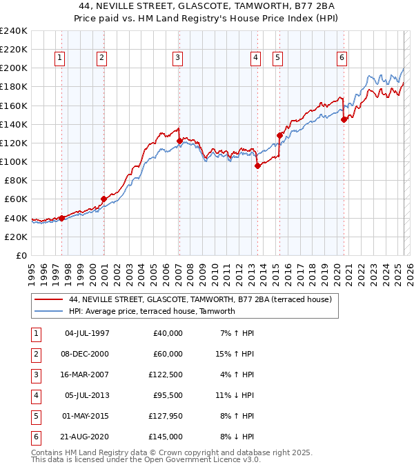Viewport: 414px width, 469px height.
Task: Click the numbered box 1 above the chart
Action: point(60,58)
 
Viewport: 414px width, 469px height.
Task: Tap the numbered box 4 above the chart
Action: point(255,58)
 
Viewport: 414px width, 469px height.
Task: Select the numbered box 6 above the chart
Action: point(342,58)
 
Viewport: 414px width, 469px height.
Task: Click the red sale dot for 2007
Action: point(179,141)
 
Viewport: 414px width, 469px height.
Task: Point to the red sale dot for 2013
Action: point(257,166)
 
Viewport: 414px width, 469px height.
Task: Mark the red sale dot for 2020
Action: point(344,119)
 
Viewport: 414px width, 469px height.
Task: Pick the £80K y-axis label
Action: point(16,181)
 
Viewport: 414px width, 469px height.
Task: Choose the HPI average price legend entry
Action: point(152,311)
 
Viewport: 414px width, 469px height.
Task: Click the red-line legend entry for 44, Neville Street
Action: point(201,299)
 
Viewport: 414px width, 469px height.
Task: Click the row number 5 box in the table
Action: point(34,416)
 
